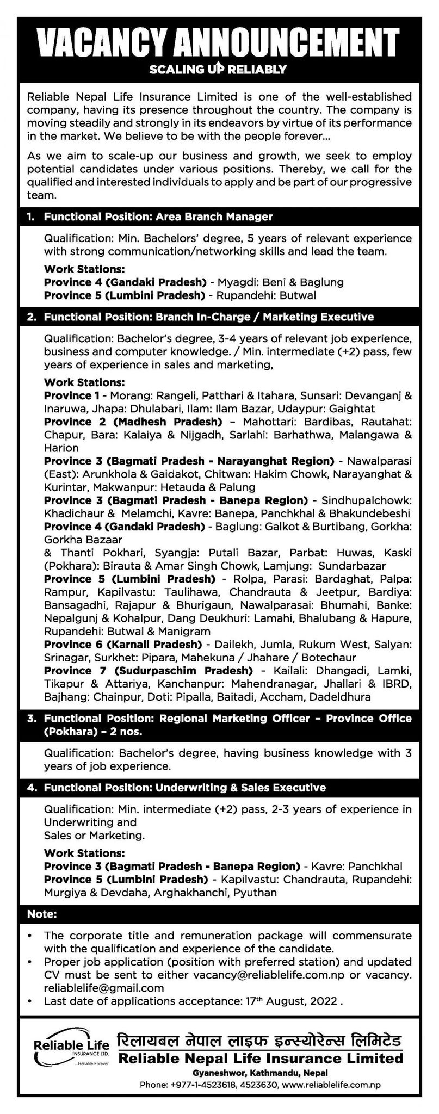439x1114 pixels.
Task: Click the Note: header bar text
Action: [42, 914]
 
